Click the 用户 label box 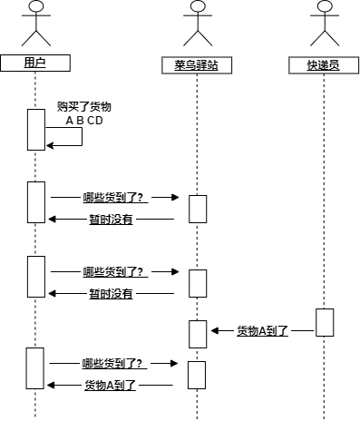pos(34,63)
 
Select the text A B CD pos(84,120)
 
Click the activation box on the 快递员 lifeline pos(325,323)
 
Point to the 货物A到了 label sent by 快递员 pos(262,331)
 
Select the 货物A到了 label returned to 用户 pos(110,386)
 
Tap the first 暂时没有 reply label pos(111,219)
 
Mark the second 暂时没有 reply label pos(111,293)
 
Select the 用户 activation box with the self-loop pos(35,129)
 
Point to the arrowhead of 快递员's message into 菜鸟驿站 pos(216,331)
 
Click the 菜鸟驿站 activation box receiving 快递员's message pos(198,333)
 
